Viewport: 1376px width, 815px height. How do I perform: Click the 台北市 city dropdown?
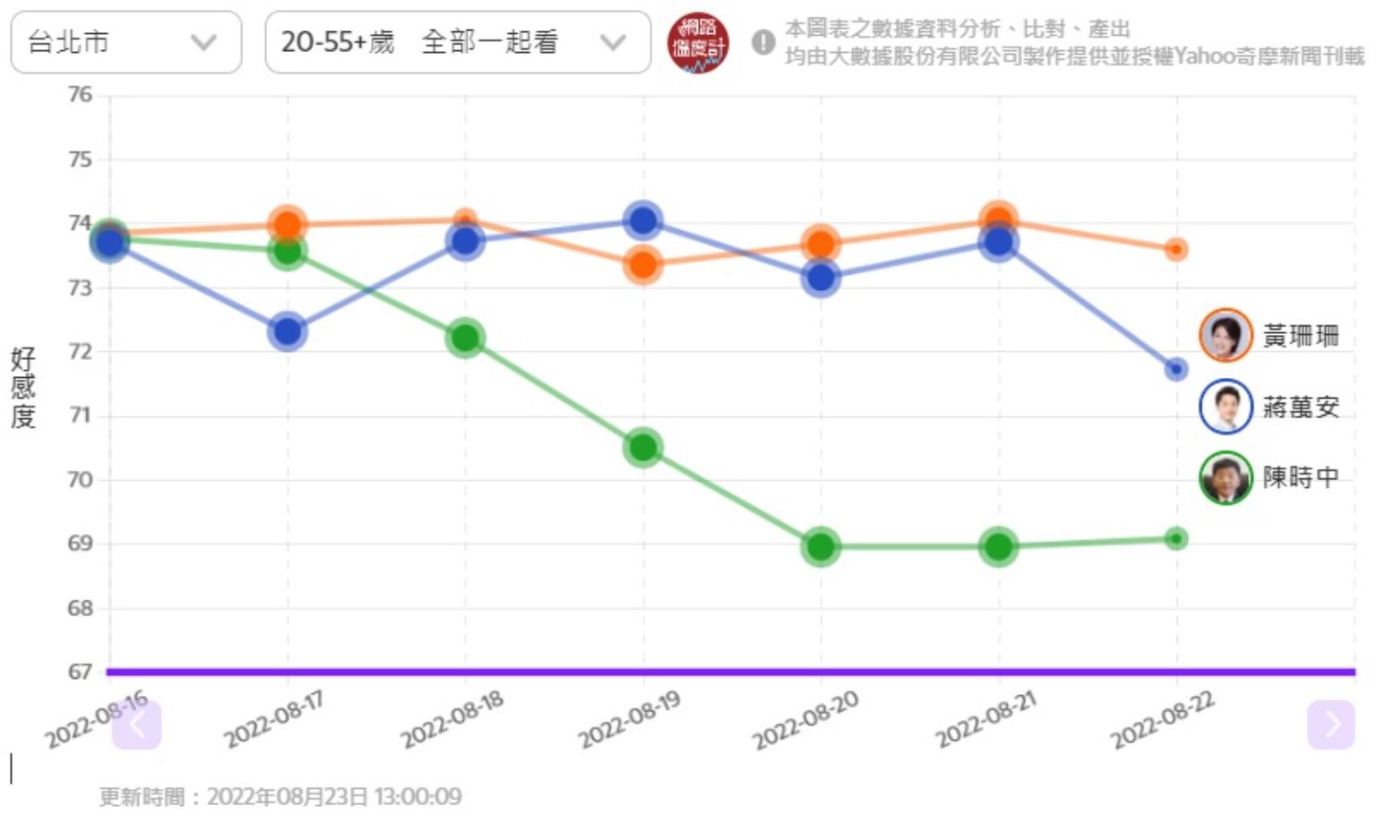(x=125, y=42)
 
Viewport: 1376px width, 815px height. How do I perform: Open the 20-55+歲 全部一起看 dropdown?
(x=457, y=42)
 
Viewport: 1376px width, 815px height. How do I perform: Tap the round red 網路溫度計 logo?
(x=698, y=43)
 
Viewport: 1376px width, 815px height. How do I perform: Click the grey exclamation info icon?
(x=763, y=42)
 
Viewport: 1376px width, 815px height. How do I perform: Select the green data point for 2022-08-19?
(x=642, y=447)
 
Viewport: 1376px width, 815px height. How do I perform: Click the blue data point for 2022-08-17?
(x=288, y=331)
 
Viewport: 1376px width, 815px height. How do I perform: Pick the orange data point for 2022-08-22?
(x=1176, y=249)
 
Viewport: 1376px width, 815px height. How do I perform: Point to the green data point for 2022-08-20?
(x=821, y=546)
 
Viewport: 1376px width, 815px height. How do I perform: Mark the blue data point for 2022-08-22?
(x=1176, y=369)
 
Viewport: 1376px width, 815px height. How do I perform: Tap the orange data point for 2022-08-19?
(x=642, y=264)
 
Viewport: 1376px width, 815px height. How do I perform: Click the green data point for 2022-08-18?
(x=465, y=338)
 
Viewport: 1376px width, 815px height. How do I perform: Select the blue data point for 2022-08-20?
(x=821, y=278)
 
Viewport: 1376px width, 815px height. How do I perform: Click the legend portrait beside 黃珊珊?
(x=1225, y=336)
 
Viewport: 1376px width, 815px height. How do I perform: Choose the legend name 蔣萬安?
(x=1301, y=407)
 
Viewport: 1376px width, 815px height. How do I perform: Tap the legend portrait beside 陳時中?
(x=1225, y=478)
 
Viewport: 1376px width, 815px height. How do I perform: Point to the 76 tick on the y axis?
(x=81, y=94)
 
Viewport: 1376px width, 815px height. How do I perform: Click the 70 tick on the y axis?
(x=81, y=479)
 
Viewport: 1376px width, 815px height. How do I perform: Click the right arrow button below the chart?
(x=1330, y=724)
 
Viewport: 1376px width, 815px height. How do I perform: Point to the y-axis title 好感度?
(x=23, y=388)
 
